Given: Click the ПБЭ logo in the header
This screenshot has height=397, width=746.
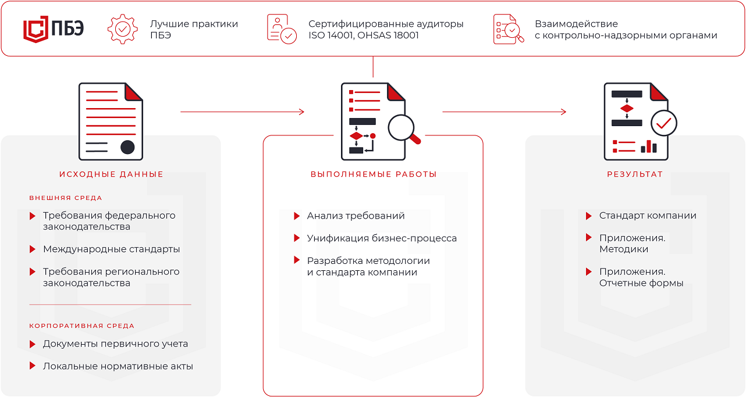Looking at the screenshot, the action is (x=54, y=29).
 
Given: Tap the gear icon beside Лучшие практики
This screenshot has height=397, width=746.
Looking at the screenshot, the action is (x=123, y=29).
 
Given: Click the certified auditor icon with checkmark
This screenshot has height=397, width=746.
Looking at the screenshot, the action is (x=282, y=29).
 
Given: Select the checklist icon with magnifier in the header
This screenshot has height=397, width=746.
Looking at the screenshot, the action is (x=509, y=29).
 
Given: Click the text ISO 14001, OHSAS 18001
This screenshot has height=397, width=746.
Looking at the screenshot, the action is (x=363, y=35).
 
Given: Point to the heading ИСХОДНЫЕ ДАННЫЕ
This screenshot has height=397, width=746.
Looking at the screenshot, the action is (x=111, y=174).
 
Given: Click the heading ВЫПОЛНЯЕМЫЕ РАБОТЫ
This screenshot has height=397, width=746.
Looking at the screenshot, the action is (x=374, y=174).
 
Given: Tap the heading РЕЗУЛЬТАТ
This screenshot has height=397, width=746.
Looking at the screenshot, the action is (x=635, y=174).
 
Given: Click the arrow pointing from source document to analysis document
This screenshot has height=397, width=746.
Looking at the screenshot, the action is (x=243, y=112).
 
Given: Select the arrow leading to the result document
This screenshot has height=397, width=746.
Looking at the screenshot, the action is (x=504, y=112).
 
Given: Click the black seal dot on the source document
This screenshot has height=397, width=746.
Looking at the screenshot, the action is (x=127, y=147).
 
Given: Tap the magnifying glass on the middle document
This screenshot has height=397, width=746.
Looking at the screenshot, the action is (x=404, y=130).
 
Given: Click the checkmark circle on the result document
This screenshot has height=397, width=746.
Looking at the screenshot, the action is (x=664, y=123).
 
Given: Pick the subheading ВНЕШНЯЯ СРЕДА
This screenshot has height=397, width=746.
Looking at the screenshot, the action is (x=66, y=198).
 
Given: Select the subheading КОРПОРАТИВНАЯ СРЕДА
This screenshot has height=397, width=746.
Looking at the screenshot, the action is (x=81, y=326).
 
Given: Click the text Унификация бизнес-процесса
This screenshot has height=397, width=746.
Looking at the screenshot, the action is (x=382, y=238).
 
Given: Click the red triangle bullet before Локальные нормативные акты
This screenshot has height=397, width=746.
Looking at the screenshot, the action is (x=33, y=366).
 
